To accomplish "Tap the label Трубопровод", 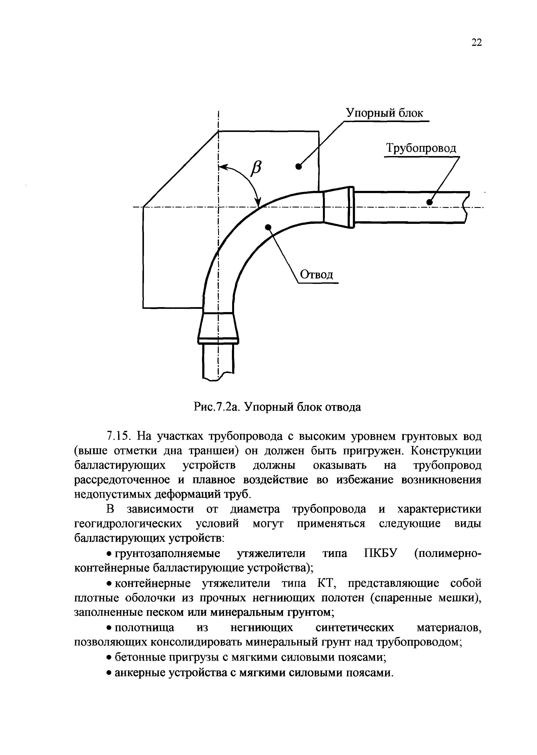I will tap(421, 149).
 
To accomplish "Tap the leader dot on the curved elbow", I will tap(268, 227).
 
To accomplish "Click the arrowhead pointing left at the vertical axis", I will tap(223, 167).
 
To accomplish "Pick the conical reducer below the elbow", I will tap(218, 326).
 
